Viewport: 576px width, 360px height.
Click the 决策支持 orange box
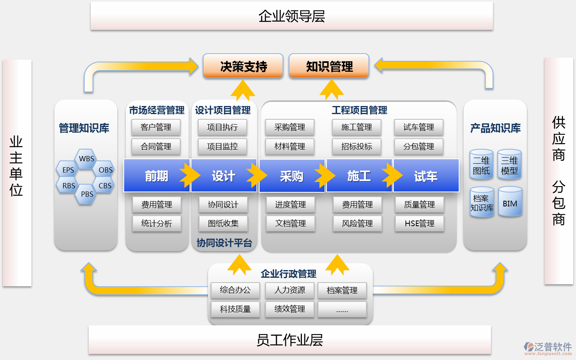243,66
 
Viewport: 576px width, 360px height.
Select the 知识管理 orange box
329,66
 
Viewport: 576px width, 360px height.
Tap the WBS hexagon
86,158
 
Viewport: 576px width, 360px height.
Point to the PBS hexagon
87,194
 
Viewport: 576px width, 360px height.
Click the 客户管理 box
156,127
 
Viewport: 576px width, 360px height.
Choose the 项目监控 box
222,146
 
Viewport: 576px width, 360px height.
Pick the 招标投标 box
356,146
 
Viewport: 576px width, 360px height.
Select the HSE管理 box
419,223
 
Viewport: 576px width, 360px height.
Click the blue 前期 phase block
156,176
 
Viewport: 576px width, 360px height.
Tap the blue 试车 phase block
426,176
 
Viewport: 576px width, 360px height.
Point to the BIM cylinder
510,202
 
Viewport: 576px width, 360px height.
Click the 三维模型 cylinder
509,165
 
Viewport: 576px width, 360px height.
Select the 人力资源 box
289,290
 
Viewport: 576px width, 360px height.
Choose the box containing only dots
342,310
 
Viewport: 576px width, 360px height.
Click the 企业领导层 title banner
291,16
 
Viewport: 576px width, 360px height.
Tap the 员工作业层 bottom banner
289,340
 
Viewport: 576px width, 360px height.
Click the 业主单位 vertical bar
17,173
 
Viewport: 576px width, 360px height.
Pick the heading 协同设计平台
224,243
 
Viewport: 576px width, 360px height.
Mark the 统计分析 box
156,223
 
